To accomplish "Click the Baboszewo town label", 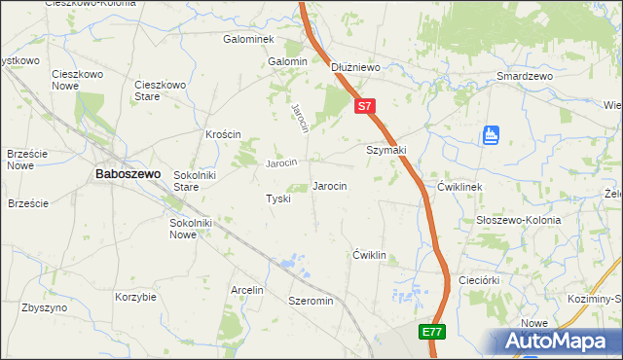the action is tap(128, 173).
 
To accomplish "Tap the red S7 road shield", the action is tap(363, 105).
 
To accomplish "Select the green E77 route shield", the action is tap(433, 333).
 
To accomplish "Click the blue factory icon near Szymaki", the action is tap(491, 135).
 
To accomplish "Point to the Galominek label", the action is tap(248, 40).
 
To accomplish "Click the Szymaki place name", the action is tap(385, 150).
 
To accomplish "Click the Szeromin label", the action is tap(311, 302).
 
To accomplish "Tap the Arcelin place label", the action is tap(247, 290).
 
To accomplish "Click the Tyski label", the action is tap(278, 198).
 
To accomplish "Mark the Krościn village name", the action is tap(223, 134).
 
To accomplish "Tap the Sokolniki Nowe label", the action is tap(190, 230).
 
